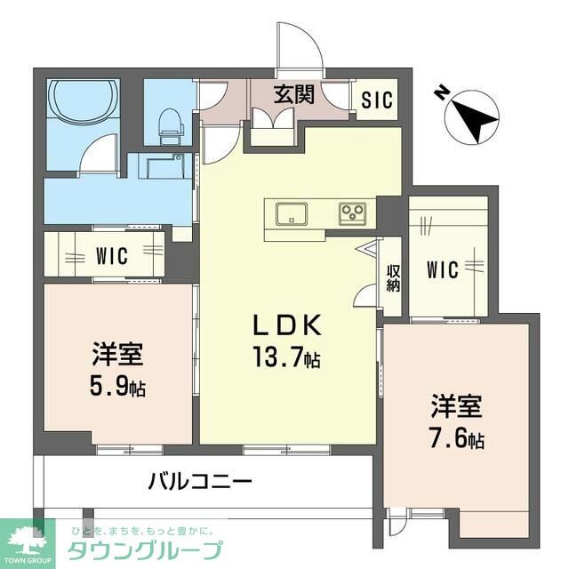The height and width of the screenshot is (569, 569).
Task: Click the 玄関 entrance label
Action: click(293, 95)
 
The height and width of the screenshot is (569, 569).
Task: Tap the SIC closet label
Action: click(376, 100)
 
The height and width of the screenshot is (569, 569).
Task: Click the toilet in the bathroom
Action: click(169, 127)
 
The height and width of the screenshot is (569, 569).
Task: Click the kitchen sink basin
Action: click(291, 214)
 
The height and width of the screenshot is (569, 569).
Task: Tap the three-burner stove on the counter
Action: click(351, 214)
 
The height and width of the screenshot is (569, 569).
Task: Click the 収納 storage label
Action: click(392, 277)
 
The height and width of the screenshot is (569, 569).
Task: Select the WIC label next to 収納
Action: click(441, 268)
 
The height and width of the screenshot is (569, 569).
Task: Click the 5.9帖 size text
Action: click(117, 388)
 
